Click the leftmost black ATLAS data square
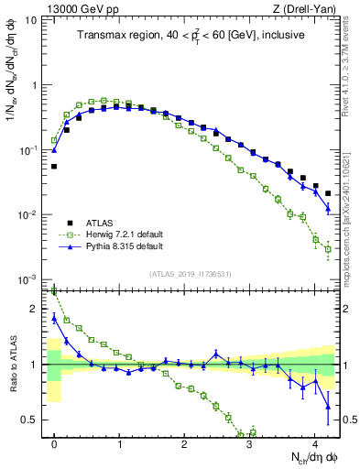tap(54, 167)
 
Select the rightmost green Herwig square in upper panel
tap(328, 248)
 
